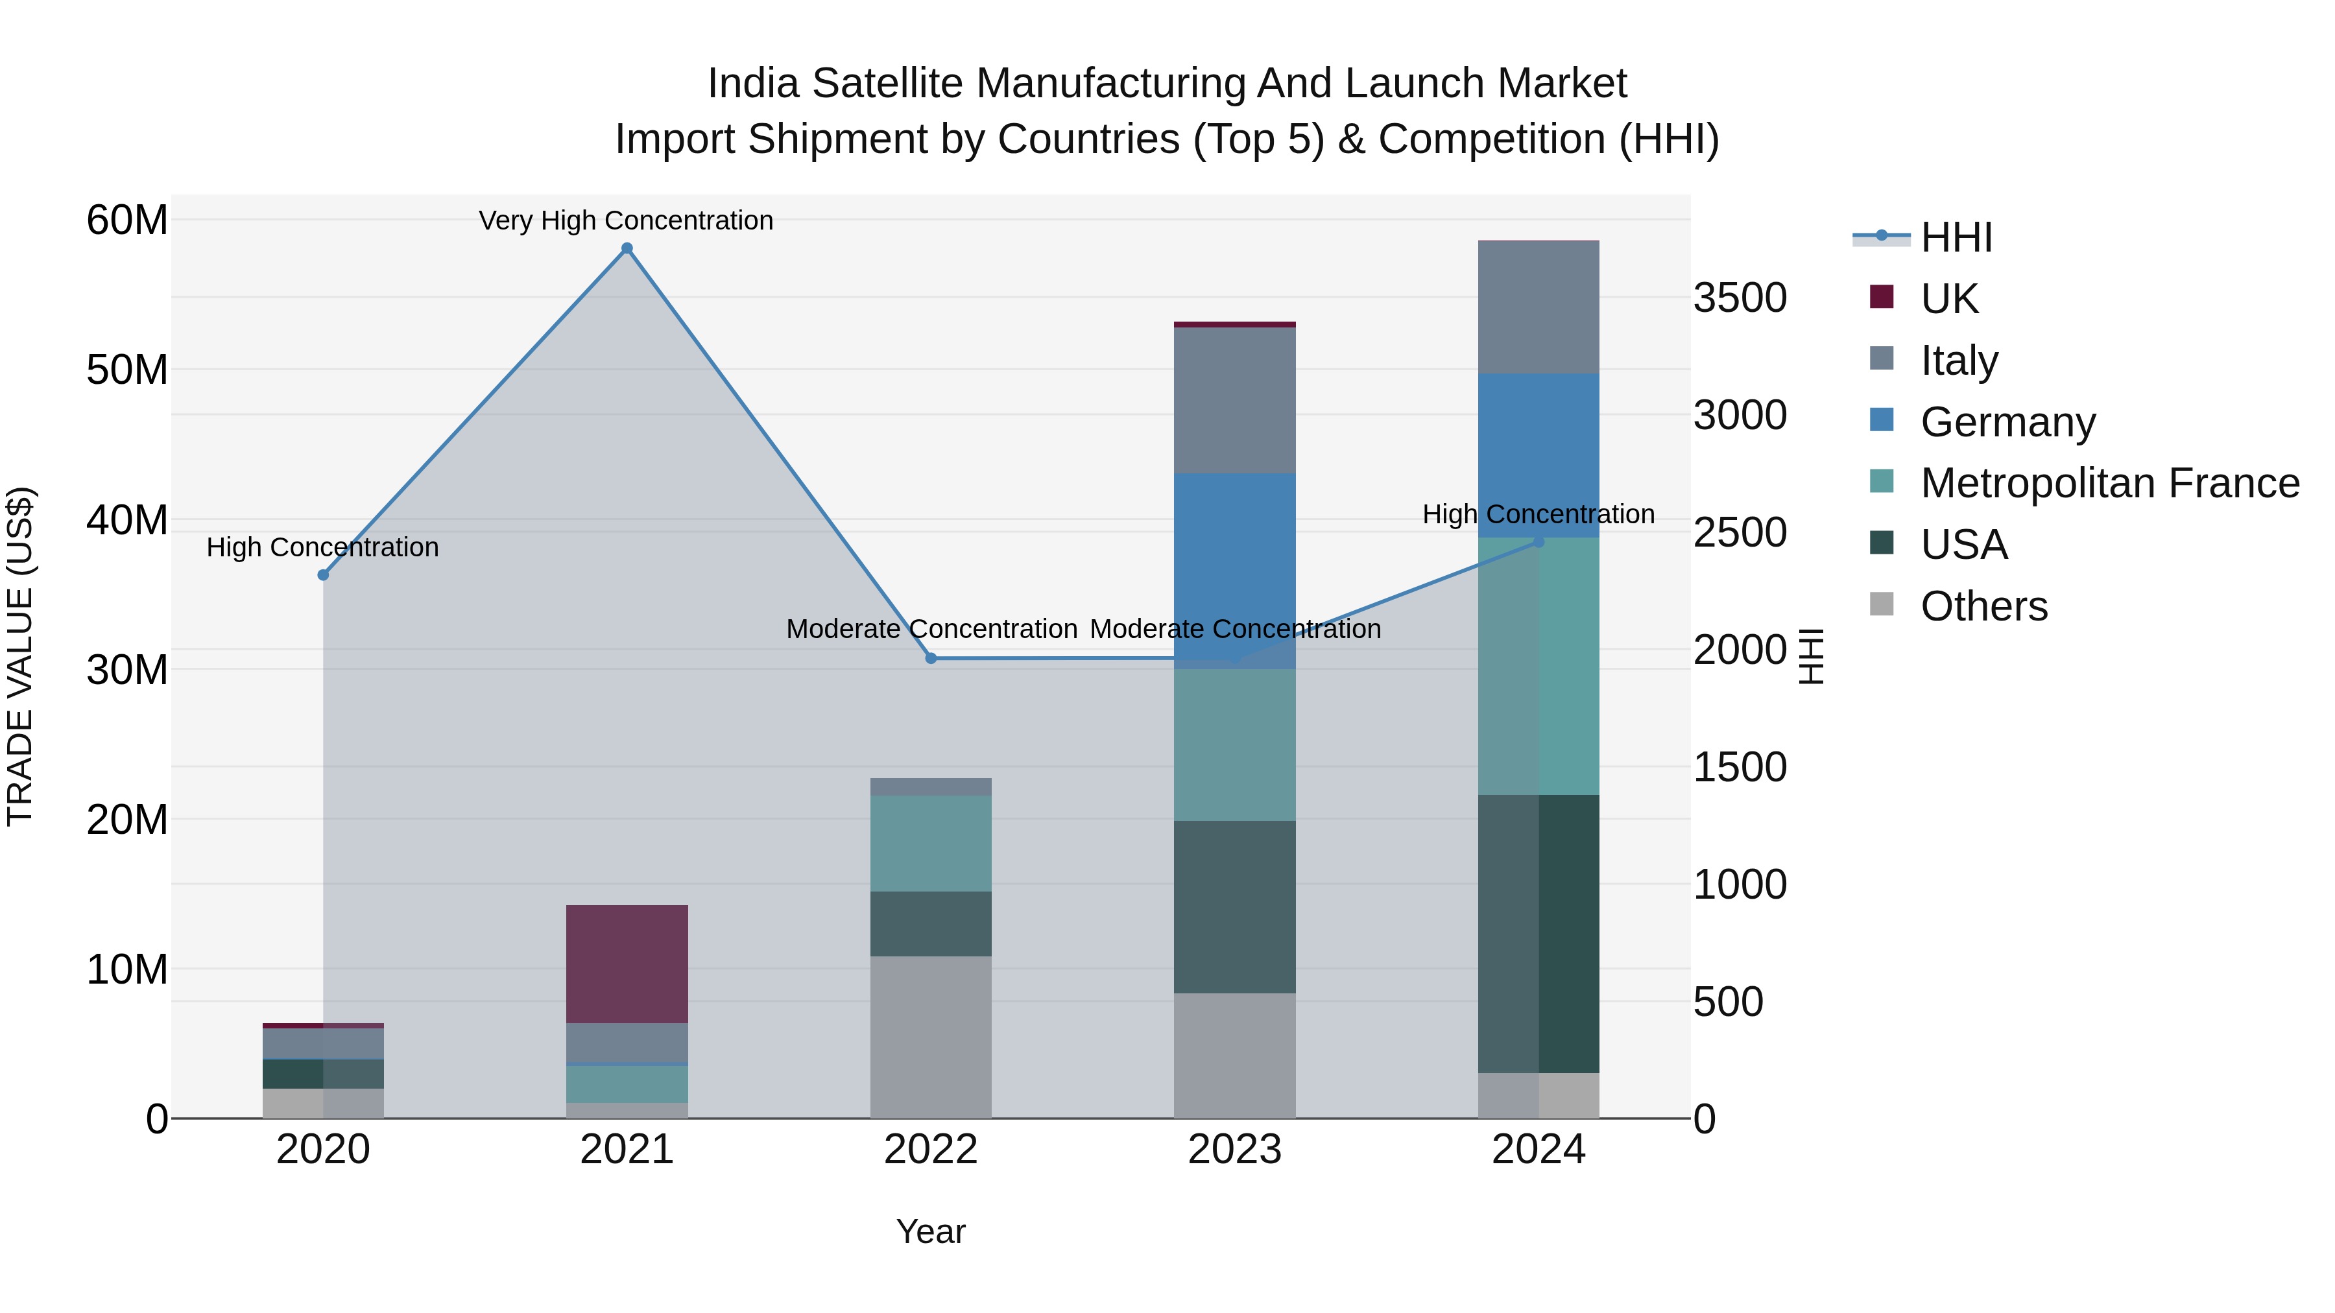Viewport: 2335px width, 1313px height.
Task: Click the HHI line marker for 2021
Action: click(x=627, y=248)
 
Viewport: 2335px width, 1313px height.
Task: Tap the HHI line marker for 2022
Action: click(x=930, y=658)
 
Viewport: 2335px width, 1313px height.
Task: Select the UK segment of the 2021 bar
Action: click(x=627, y=964)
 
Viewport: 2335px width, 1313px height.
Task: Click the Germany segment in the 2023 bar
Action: click(x=1234, y=571)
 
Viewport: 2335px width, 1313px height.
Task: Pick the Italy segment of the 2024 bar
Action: click(x=1539, y=307)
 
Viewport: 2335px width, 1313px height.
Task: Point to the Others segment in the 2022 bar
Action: click(x=930, y=1037)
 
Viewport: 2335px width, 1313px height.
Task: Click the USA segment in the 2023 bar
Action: click(x=1234, y=906)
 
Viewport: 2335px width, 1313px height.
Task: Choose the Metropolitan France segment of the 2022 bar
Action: click(x=930, y=843)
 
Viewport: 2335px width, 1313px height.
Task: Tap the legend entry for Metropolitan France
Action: click(x=2109, y=483)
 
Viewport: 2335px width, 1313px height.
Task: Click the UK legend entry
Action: click(x=1949, y=299)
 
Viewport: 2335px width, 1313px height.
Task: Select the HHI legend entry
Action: click(x=1956, y=237)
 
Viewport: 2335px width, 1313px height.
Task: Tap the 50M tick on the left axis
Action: click(x=127, y=370)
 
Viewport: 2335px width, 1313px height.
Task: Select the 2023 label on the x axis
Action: click(x=1234, y=1150)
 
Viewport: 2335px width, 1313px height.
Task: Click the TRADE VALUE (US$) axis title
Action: click(x=20, y=656)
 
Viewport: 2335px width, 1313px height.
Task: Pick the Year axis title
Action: click(x=930, y=1231)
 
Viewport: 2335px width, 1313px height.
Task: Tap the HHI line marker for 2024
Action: click(x=1539, y=541)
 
